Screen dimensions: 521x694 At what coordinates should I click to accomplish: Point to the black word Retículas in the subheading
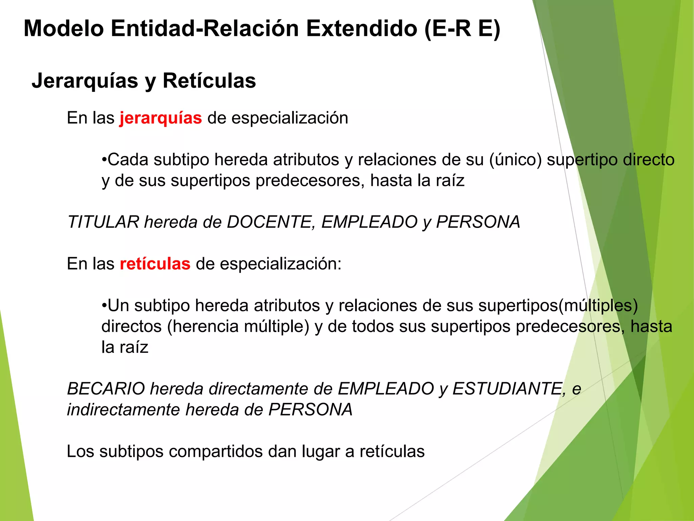coord(209,81)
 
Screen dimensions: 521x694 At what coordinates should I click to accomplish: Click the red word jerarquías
coord(161,118)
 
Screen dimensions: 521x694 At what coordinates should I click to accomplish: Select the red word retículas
coord(155,264)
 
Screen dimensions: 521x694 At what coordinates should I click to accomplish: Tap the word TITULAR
coord(103,222)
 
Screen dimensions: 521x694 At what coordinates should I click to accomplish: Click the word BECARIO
coord(106,389)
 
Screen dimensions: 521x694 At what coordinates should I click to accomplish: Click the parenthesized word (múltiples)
coord(598,306)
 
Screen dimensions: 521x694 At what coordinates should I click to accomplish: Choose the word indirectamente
coord(123,410)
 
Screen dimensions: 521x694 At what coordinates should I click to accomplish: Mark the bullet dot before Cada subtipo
coord(104,160)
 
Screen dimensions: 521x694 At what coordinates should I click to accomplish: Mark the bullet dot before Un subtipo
coord(104,306)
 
